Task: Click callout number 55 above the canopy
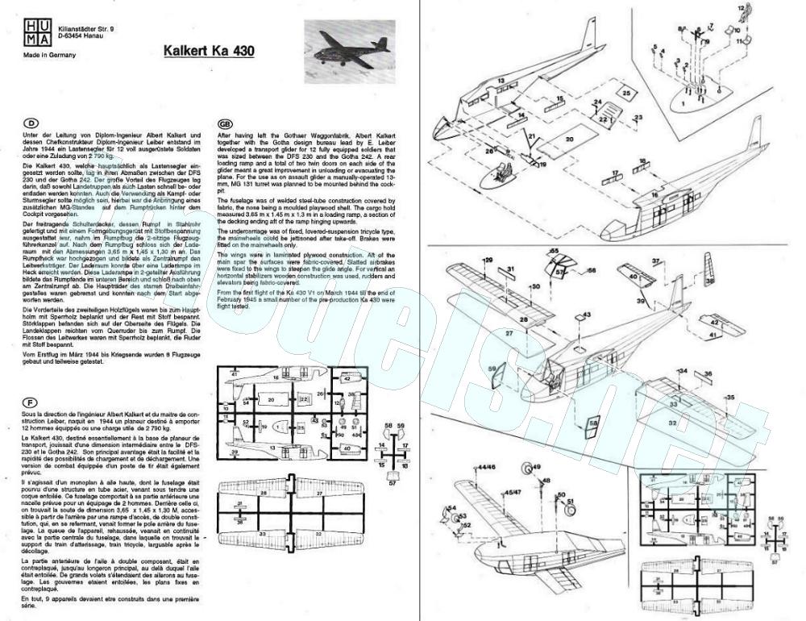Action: (x=554, y=252)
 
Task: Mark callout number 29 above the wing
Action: (x=488, y=260)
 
